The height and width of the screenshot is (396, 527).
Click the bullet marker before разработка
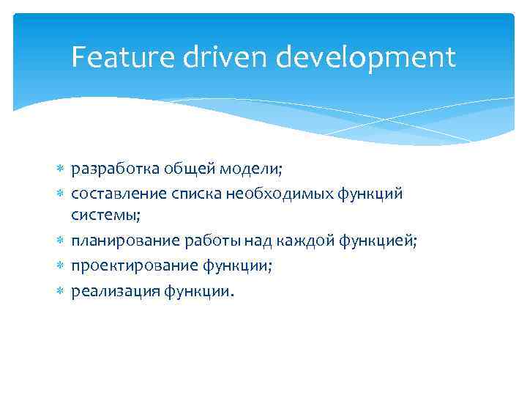[60, 169]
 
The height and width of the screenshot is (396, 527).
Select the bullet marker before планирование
[60, 241]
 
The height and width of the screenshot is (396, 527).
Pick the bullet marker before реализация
[60, 290]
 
